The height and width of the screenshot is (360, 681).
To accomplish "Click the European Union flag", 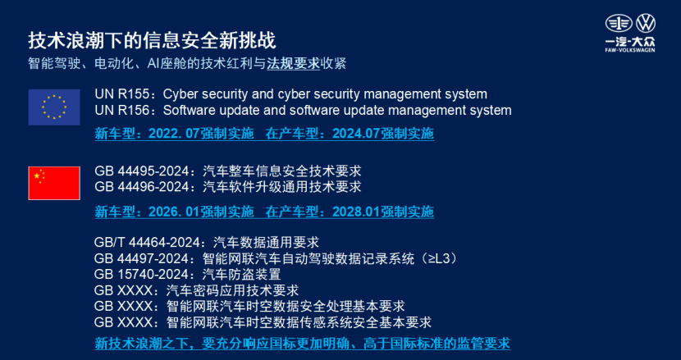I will point(54,107).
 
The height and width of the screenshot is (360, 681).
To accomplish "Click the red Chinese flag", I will point(54,183).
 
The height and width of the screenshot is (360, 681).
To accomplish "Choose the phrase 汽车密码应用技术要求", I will point(232,290).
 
